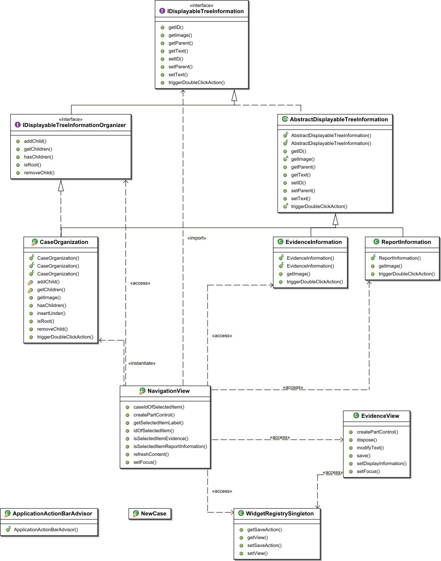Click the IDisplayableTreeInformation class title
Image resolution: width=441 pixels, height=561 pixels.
coord(205,11)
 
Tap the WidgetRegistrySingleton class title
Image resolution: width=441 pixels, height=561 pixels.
coord(280,514)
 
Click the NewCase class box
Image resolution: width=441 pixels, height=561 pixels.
coord(150,514)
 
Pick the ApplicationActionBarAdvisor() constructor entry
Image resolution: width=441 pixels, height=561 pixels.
coord(46,530)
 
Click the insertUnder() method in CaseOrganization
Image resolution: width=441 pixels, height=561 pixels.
coord(51,314)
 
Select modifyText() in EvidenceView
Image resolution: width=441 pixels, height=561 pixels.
coord(370,448)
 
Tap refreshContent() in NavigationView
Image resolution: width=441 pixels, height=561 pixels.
coord(151,455)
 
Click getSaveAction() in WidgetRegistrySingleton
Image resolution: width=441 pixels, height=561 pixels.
coord(265,530)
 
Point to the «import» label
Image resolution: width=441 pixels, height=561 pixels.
coord(197,238)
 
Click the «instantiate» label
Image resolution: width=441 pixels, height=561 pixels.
coord(142,363)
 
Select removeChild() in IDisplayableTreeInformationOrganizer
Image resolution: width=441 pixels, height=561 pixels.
coord(39,173)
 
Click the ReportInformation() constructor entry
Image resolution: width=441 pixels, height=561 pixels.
coord(399,258)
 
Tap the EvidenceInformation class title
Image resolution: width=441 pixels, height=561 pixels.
coord(314,242)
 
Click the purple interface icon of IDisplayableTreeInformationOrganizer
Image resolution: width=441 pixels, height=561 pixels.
coord(18,125)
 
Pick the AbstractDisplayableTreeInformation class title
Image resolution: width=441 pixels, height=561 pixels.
coord(339,120)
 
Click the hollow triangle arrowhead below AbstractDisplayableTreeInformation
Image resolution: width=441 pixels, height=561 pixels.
coord(335,219)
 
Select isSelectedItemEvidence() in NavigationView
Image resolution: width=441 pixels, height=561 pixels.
coord(161,439)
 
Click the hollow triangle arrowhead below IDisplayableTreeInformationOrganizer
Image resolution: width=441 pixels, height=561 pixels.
coord(61,186)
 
